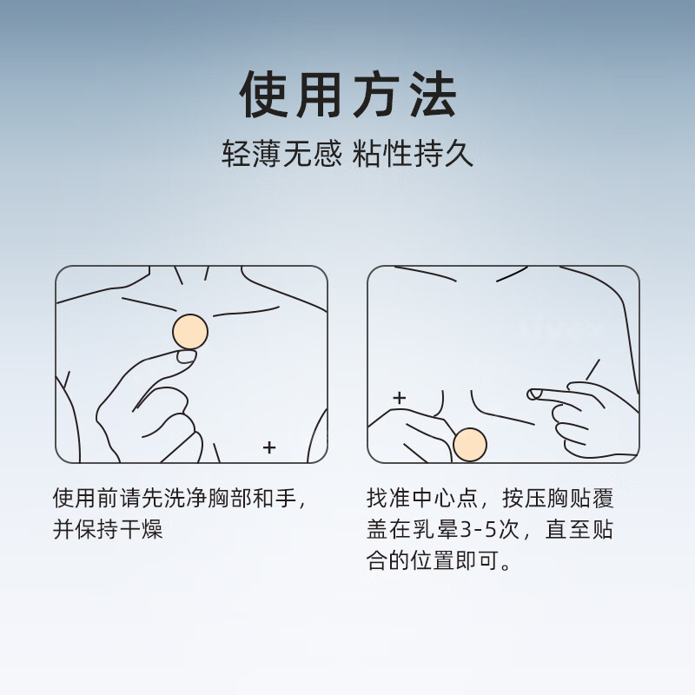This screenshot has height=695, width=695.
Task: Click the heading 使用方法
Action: coord(347,96)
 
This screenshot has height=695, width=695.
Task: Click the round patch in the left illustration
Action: coord(190,332)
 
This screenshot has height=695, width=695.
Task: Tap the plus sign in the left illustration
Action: coord(269,447)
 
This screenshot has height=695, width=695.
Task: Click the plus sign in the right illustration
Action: coord(399,399)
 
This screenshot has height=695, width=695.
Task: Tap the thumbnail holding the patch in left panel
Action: coord(186,355)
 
